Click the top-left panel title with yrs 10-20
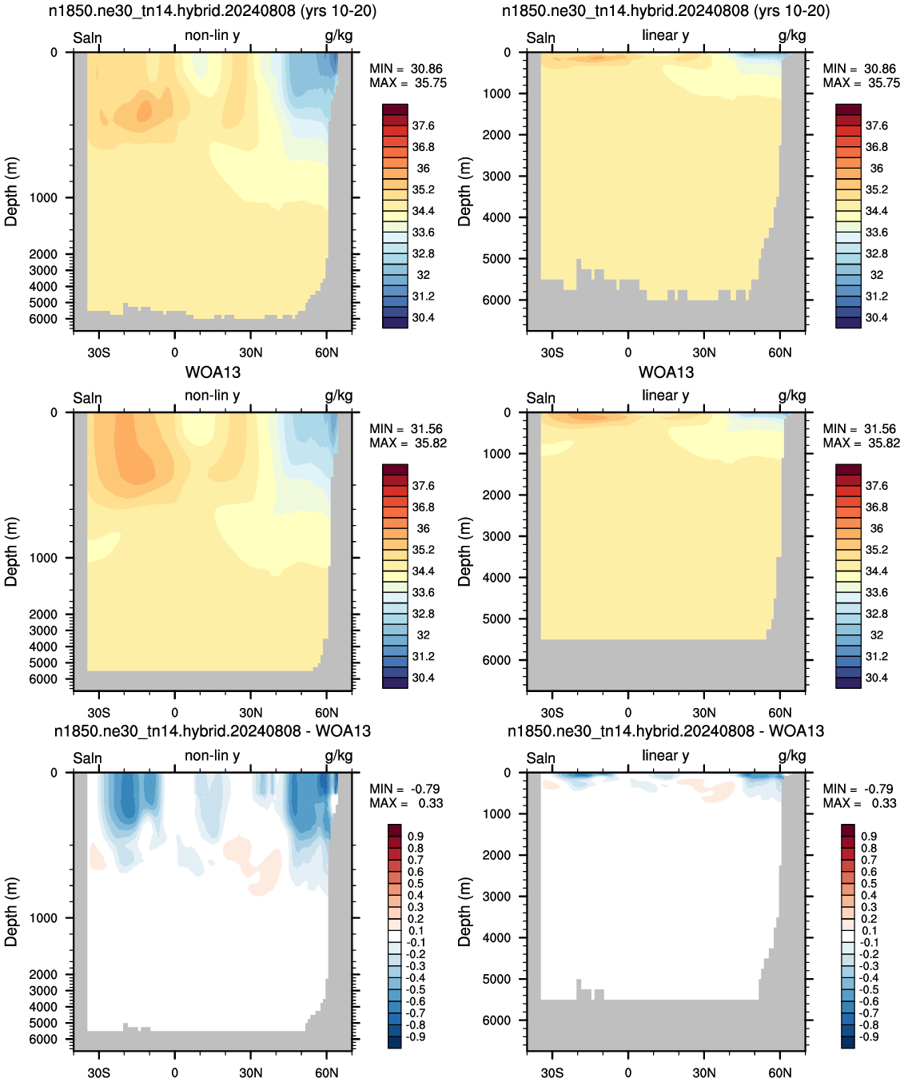pos(213,10)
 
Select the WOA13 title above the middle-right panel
pos(666,372)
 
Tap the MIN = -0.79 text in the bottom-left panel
pos(404,789)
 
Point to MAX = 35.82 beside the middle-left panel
pos(408,443)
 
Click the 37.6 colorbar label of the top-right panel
pos(876,125)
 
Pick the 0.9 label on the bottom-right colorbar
pos(869,836)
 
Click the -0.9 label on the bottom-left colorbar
pos(415,1036)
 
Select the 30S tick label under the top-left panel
pos(98,352)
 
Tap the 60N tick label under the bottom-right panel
pos(779,1072)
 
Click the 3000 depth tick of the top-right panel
pos(496,176)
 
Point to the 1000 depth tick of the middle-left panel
pos(43,558)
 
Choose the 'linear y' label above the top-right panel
pos(666,35)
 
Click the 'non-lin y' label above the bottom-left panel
pos(212,755)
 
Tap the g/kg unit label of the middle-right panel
pos(792,396)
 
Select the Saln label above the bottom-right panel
pos(540,758)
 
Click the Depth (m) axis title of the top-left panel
pos(11,191)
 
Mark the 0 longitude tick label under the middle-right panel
pos(627,713)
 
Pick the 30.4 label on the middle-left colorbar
pos(423,678)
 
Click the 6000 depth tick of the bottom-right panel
pos(496,1020)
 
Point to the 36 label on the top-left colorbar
pos(423,168)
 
